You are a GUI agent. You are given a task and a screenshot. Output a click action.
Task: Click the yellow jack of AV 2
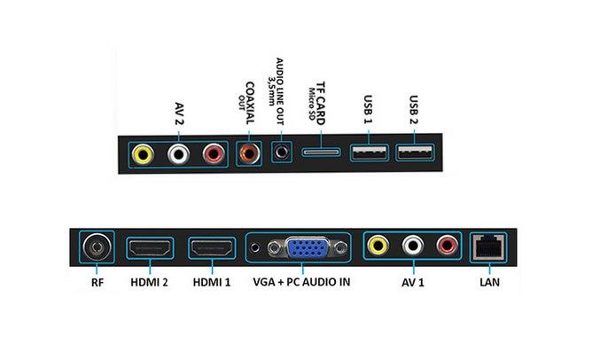coord(142,154)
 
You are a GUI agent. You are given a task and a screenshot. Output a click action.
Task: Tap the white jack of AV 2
coord(178,154)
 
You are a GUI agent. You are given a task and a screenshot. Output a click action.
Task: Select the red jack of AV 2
coord(213,154)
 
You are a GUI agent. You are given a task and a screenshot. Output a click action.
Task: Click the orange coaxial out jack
coord(248,153)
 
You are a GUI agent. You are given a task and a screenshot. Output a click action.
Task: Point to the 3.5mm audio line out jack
coord(282,153)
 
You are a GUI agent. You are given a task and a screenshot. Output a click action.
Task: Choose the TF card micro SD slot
coord(321,153)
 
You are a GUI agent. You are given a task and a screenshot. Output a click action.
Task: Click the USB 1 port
coord(369,153)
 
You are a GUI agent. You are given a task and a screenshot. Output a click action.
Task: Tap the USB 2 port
coord(415,153)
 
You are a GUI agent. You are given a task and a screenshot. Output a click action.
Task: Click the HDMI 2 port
coord(151,248)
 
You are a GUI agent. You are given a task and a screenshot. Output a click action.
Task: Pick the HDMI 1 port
coord(210,248)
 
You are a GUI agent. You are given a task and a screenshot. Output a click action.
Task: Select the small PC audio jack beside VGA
coord(256,248)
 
